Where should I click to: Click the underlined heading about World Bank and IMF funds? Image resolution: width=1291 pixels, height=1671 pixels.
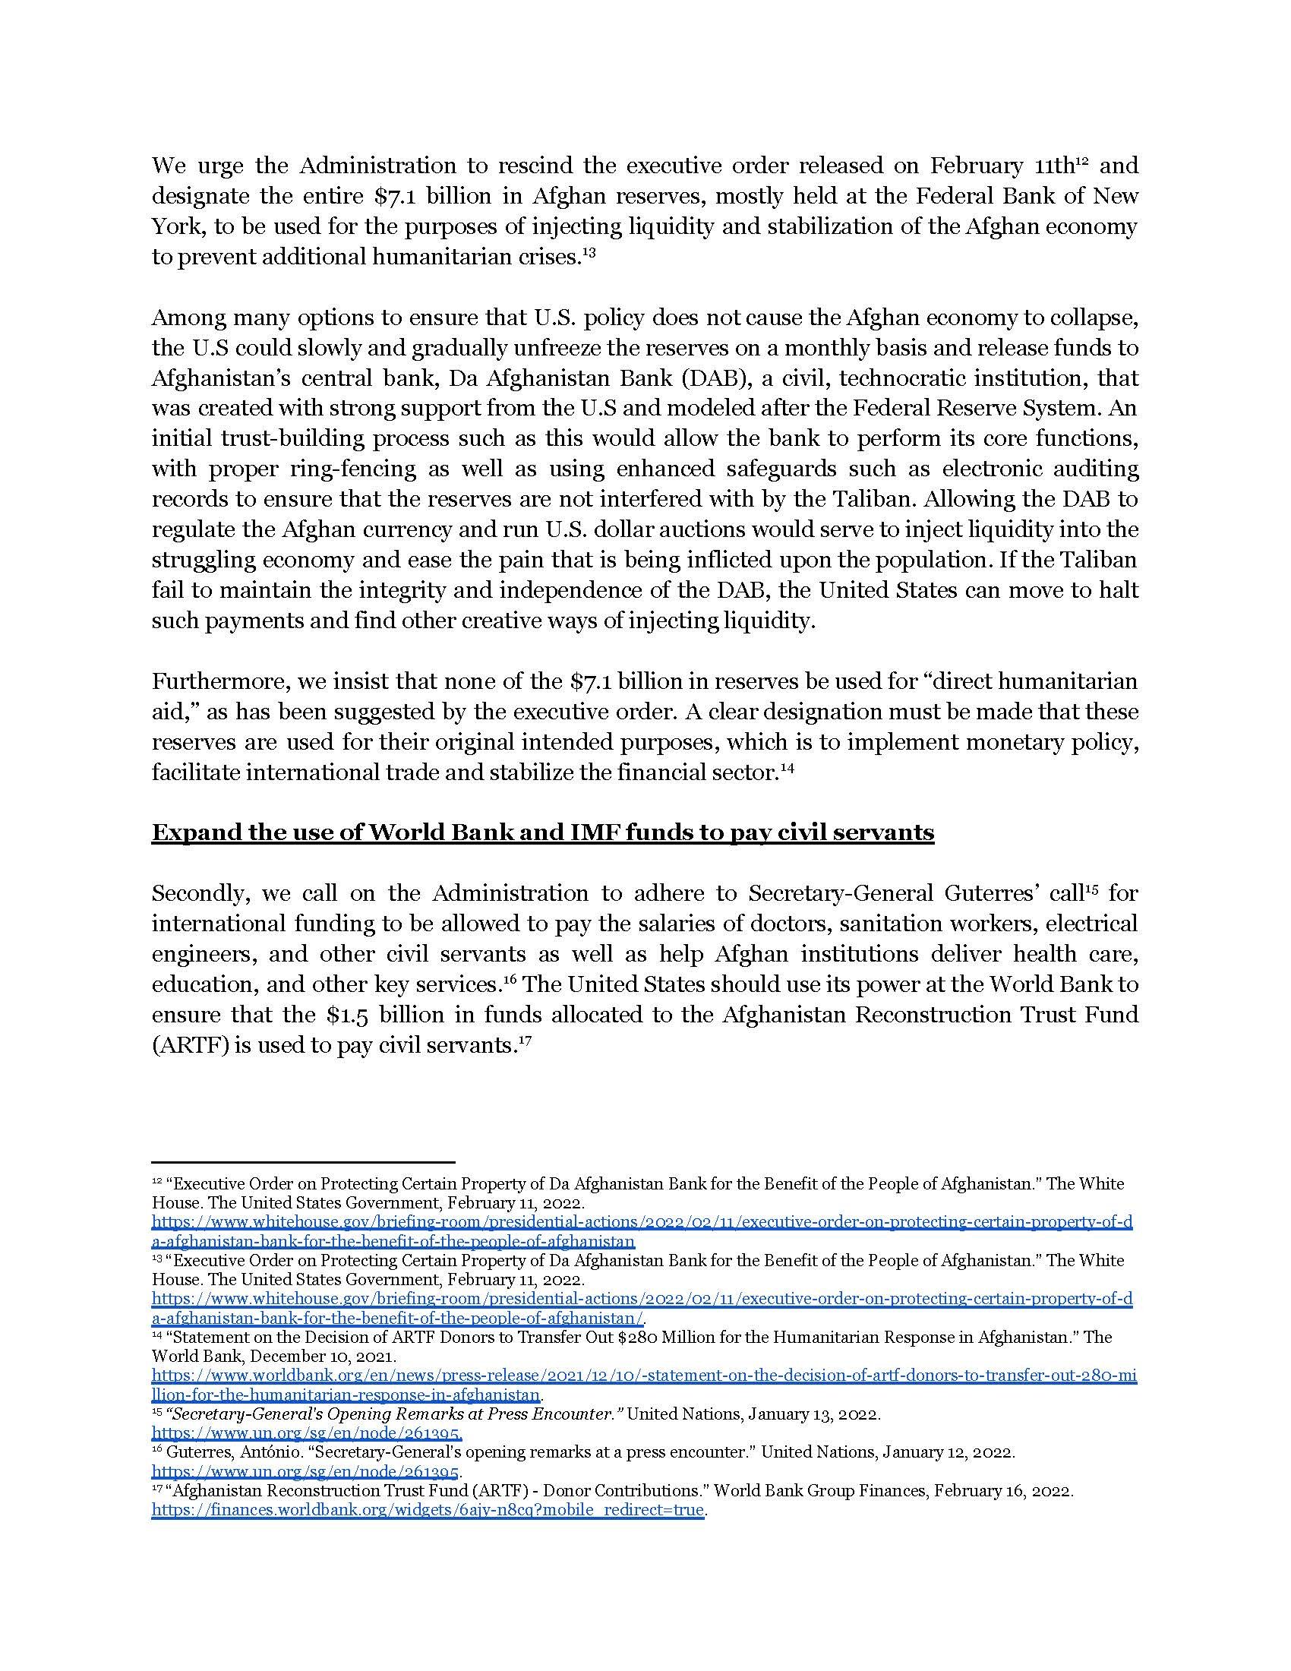click(x=542, y=832)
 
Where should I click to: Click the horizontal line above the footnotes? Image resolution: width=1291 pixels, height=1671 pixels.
click(x=303, y=1161)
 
